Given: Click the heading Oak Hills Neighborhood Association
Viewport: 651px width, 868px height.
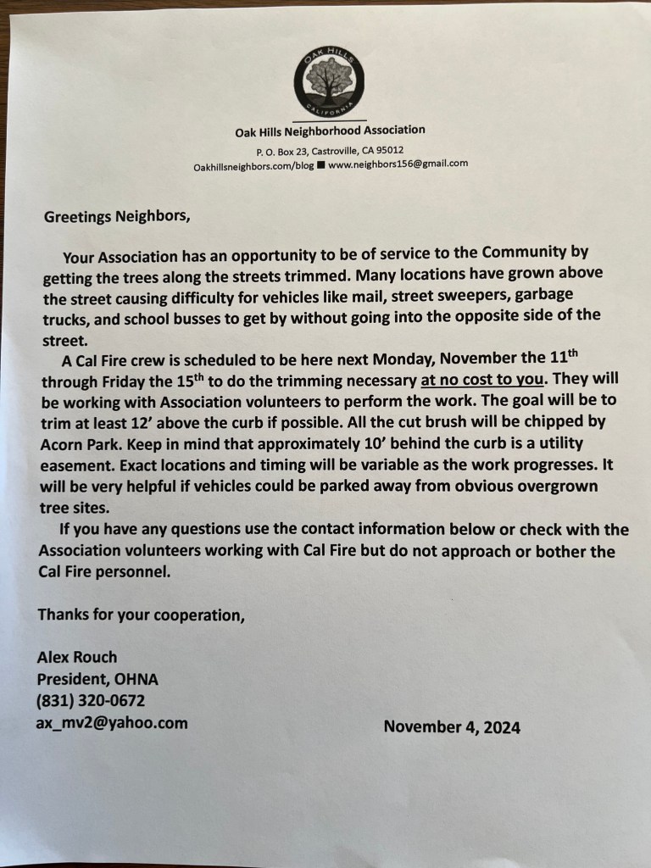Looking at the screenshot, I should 330,131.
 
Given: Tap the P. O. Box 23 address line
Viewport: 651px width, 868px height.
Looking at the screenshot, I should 330,150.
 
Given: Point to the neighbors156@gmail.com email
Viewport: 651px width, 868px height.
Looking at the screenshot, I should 398,164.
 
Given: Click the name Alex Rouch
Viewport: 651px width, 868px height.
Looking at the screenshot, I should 77,657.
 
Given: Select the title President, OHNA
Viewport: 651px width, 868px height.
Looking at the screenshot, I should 97,679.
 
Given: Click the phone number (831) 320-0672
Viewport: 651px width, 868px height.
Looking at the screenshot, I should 91,701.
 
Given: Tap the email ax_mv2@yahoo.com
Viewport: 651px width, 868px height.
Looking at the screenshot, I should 112,723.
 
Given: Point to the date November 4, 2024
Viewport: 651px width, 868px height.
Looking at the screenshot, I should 452,726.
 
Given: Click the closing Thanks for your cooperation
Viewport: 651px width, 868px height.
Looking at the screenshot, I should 141,615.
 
